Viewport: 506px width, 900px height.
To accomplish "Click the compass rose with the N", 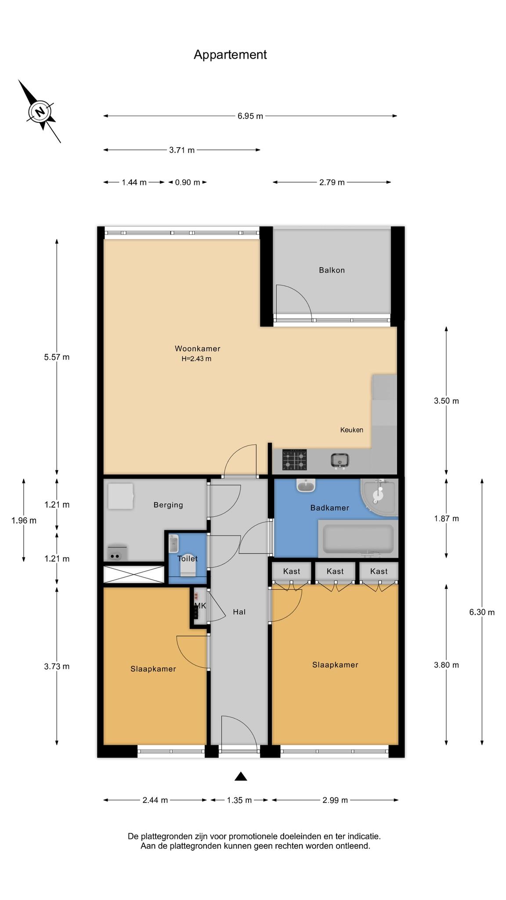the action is point(40,111).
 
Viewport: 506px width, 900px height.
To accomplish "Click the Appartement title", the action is point(230,54).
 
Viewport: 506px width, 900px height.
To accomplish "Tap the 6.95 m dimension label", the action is point(250,116).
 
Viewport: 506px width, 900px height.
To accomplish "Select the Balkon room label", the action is point(332,270).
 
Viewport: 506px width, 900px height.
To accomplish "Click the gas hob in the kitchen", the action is point(294,460).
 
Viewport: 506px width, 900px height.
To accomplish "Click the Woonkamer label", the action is point(198,348).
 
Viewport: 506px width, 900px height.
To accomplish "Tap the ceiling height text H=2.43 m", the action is point(196,359).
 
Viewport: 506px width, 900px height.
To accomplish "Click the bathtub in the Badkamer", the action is point(358,539).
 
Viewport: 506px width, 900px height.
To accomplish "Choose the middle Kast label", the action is point(335,571).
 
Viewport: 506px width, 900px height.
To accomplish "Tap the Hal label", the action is point(239,612).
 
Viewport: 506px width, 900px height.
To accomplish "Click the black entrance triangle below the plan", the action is point(241,777).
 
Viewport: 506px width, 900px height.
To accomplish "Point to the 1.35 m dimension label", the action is point(239,800).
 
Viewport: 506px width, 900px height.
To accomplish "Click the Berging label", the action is point(168,505).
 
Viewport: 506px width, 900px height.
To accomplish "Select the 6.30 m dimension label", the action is point(482,612).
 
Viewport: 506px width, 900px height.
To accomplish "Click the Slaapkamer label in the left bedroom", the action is point(153,669).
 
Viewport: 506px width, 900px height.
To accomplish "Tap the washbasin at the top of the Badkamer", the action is point(306,485).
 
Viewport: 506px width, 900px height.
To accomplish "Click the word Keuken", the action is point(352,430).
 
